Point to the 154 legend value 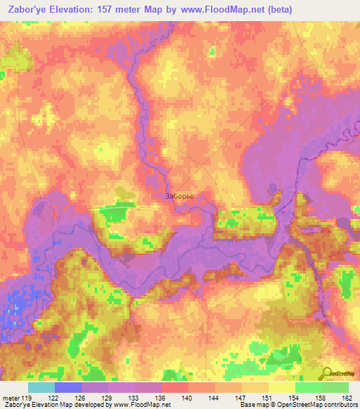[292, 398]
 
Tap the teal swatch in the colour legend [41, 387]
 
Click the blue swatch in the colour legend [68, 387]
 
